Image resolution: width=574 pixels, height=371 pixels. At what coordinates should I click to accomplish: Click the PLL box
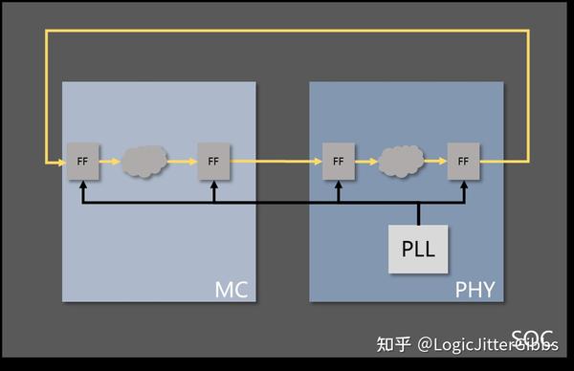[x=418, y=250]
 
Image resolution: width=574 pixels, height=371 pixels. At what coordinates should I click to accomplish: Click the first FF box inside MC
[x=82, y=162]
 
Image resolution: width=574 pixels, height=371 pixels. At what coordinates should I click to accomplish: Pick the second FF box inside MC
[x=213, y=162]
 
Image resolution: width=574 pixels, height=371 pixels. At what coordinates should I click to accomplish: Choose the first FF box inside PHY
[x=338, y=162]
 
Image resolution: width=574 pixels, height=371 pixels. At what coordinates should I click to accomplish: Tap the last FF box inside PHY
[x=463, y=162]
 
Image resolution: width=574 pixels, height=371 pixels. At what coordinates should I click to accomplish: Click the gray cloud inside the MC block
[x=146, y=162]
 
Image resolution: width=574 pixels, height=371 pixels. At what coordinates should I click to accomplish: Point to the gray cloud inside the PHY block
[x=401, y=162]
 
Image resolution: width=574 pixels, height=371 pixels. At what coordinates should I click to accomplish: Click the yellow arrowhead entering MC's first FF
[x=61, y=162]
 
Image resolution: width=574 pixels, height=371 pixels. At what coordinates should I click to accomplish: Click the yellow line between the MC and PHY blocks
[x=282, y=162]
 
